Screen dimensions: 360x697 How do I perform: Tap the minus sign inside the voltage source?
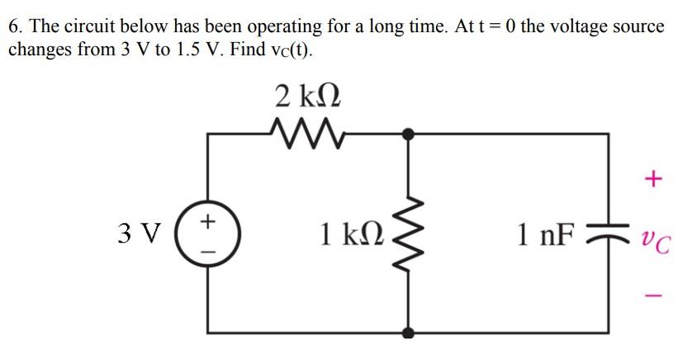pos(208,248)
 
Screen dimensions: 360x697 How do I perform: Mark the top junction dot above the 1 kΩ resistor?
pos(408,132)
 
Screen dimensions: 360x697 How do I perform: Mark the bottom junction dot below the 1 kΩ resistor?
pos(408,333)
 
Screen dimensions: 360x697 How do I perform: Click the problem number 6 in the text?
pos(14,26)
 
